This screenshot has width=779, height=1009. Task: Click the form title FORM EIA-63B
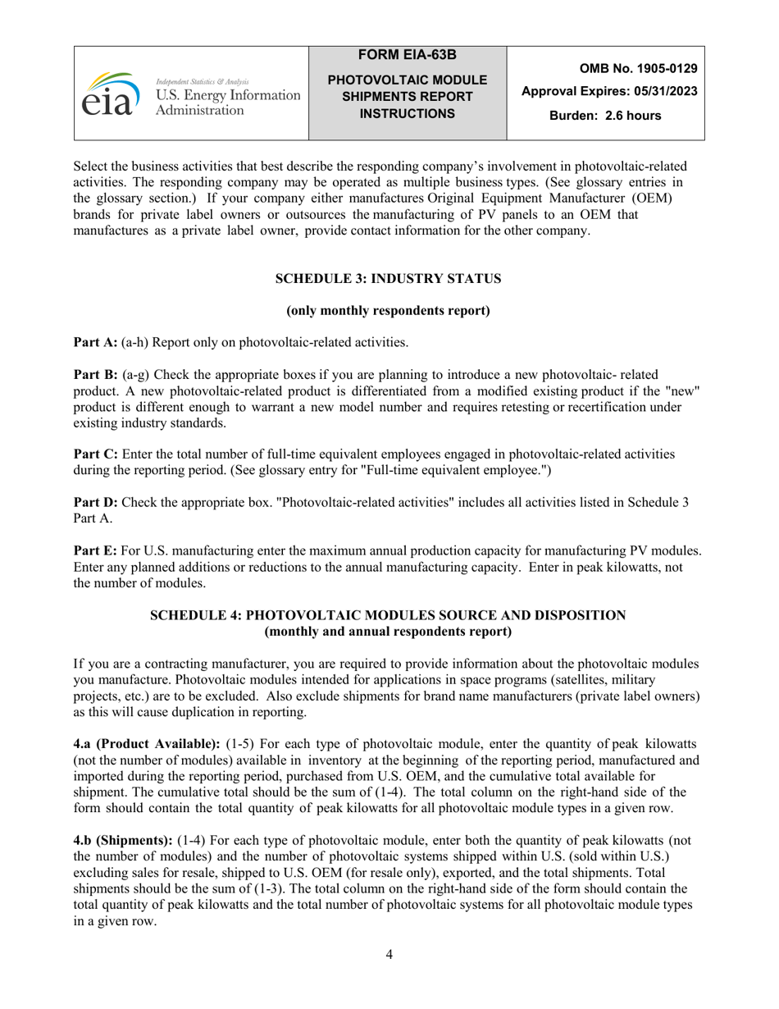[408, 55]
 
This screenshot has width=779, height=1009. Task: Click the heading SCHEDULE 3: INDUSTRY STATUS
[388, 279]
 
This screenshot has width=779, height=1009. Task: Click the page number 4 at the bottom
[389, 954]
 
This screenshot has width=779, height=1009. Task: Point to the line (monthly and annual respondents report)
[388, 631]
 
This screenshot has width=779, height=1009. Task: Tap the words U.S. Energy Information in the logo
[228, 96]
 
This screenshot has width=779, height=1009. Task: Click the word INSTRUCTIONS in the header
[408, 113]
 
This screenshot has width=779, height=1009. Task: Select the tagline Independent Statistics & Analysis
[203, 82]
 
